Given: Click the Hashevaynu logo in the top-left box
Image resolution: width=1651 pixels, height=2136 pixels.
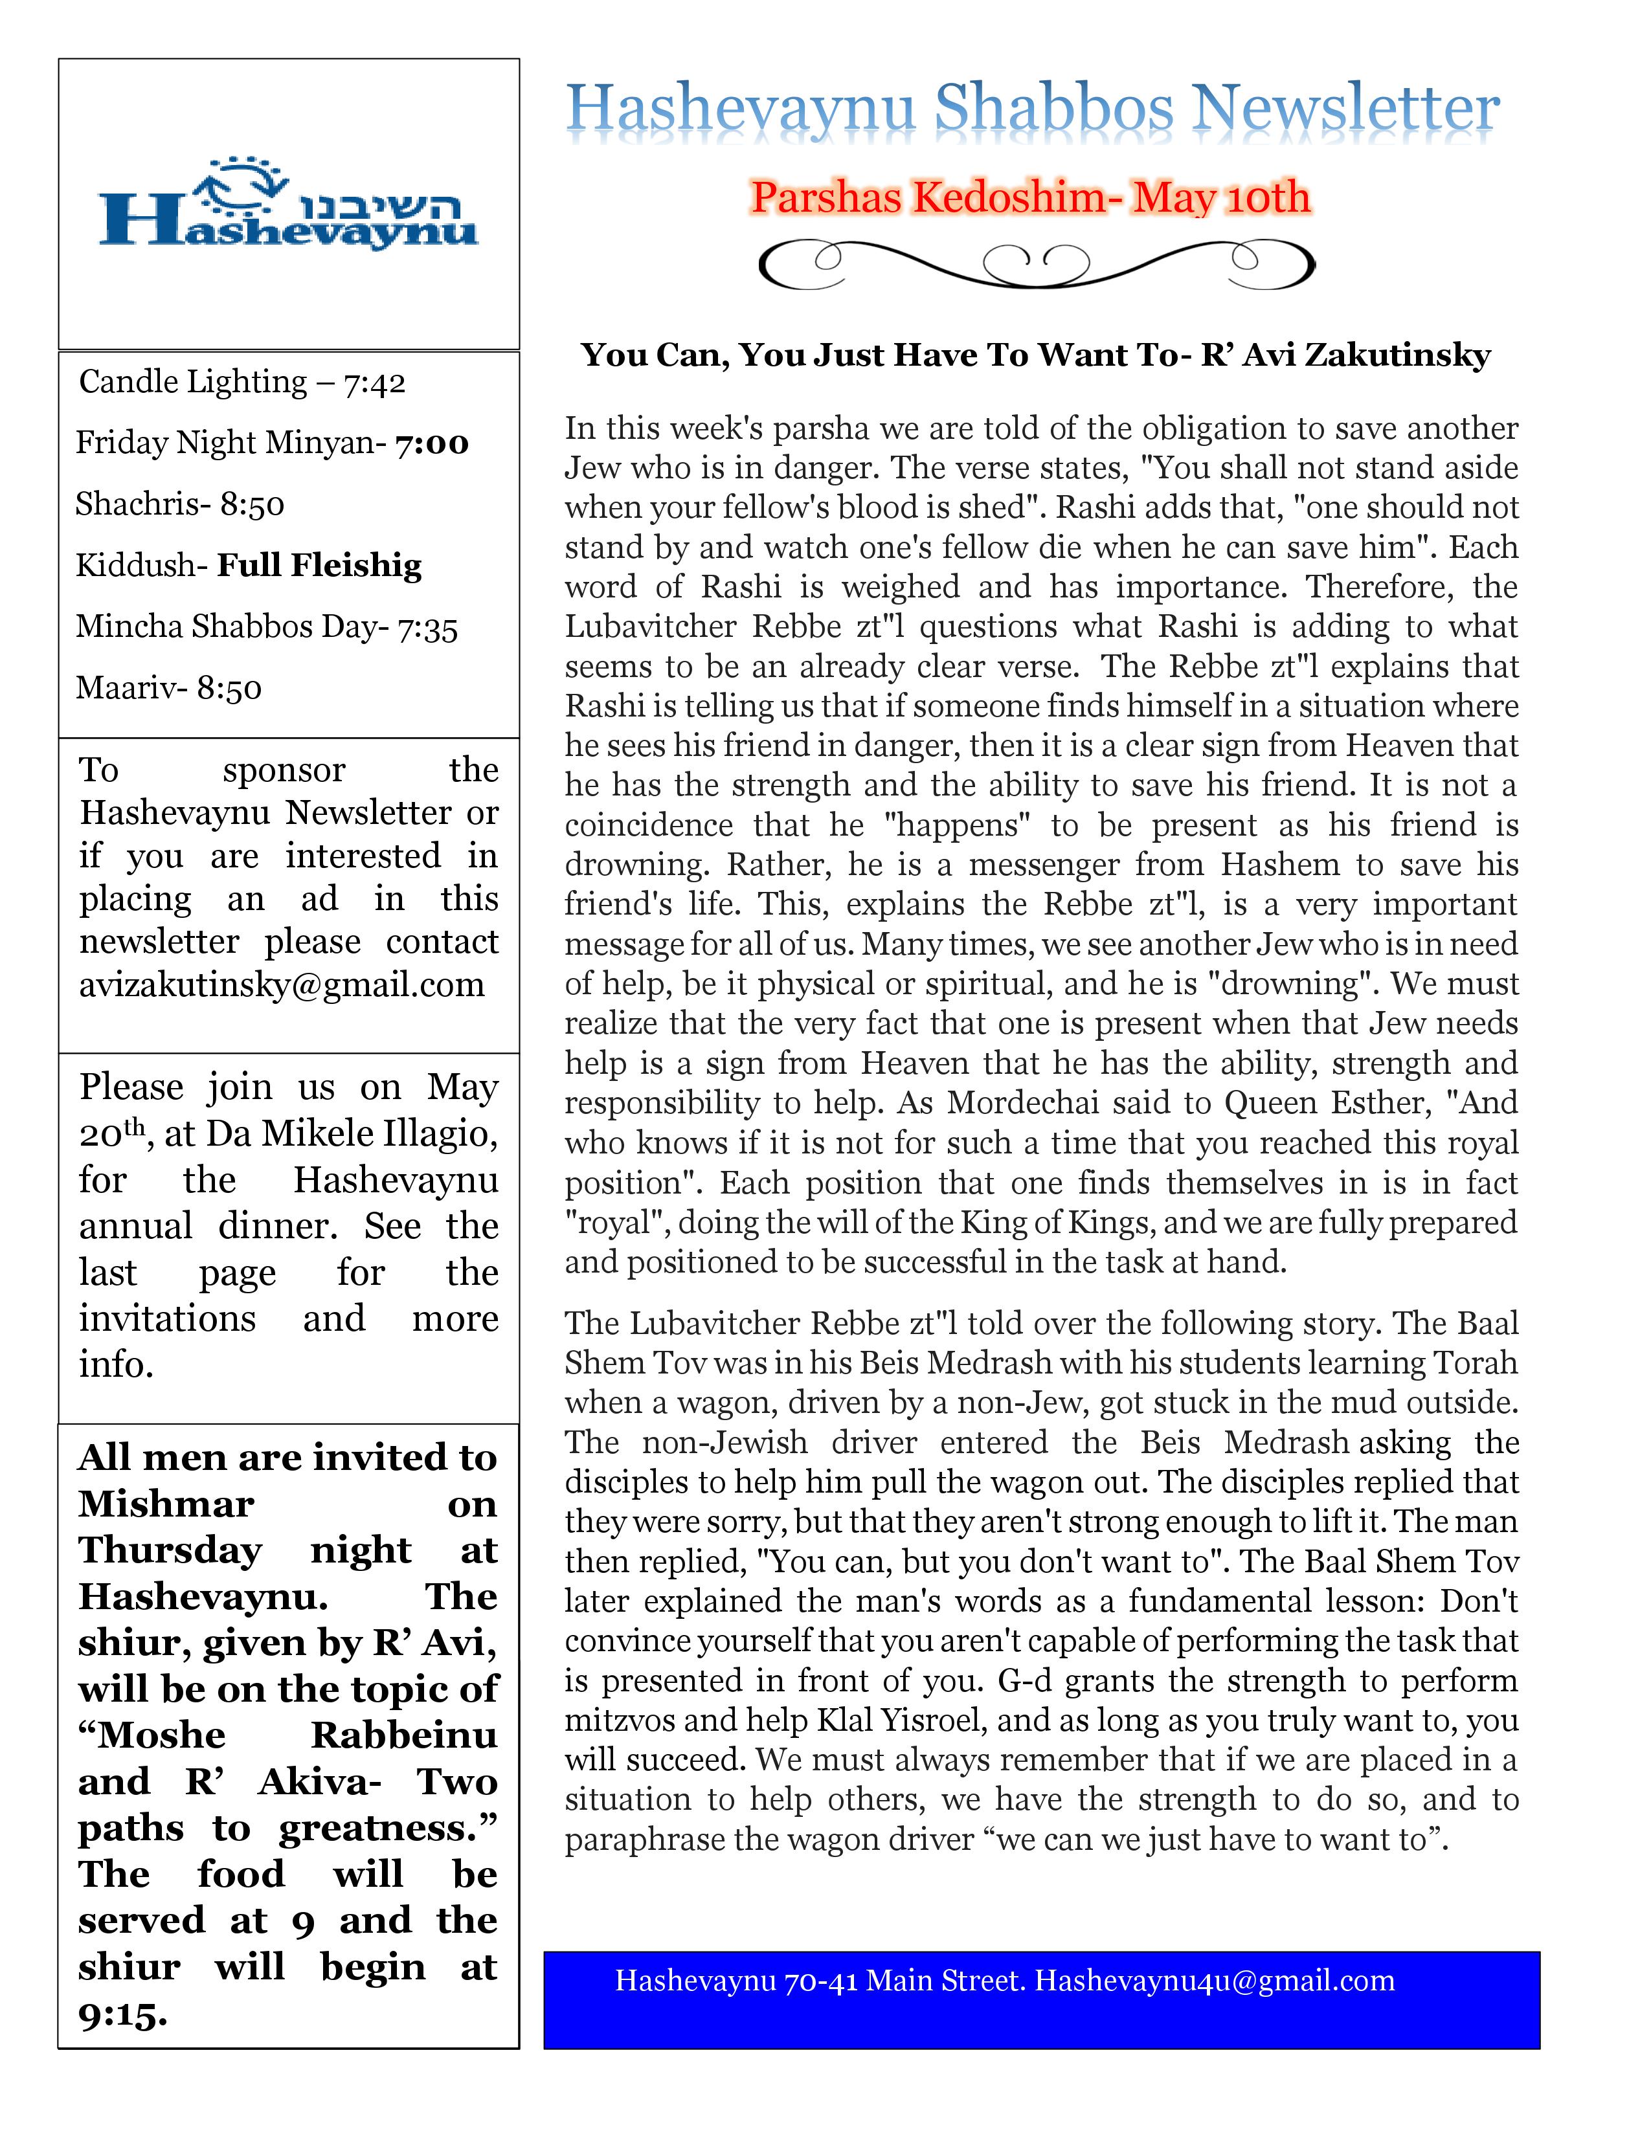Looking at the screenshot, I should tap(289, 203).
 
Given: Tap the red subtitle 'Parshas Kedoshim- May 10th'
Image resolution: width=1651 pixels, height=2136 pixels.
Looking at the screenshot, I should tap(1030, 197).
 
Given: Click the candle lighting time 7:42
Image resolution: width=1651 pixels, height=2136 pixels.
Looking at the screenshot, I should tap(375, 383).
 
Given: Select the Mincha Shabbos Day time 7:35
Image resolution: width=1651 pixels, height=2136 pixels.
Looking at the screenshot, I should tap(427, 627).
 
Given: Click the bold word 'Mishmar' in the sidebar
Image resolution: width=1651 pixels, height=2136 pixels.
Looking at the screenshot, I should tap(166, 1503).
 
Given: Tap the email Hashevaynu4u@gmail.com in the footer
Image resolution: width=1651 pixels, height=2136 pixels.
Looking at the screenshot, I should tap(1214, 1981).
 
